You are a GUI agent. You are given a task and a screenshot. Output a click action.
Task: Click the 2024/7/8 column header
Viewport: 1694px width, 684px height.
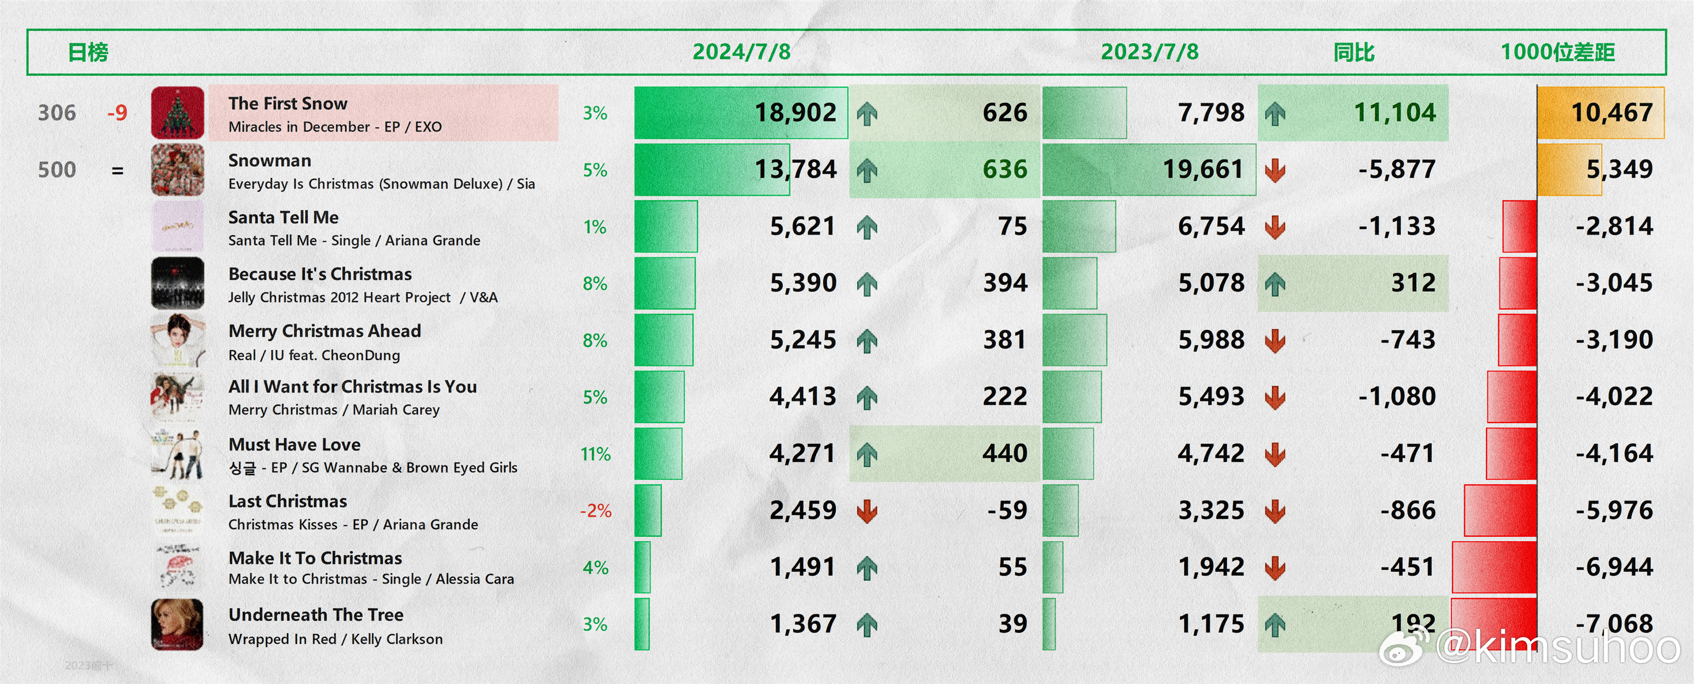741,52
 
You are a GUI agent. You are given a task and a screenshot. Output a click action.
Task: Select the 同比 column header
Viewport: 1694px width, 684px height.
1353,52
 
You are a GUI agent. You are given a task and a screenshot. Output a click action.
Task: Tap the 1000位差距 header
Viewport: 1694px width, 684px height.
1557,52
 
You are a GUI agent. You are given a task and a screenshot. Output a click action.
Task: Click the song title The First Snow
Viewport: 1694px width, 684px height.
288,103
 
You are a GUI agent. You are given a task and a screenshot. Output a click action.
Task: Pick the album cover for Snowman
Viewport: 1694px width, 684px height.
177,170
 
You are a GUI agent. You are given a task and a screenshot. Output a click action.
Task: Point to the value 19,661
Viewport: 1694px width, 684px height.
1203,170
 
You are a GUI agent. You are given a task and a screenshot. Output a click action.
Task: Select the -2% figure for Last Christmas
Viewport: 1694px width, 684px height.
595,510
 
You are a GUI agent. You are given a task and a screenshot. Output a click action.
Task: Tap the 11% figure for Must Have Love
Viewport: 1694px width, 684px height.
595,454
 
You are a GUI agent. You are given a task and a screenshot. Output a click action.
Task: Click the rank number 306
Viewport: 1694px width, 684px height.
57,113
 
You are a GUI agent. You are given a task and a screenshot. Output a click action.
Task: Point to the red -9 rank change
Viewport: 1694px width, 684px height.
117,113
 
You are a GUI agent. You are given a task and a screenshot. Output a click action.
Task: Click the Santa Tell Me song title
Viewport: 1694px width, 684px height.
284,217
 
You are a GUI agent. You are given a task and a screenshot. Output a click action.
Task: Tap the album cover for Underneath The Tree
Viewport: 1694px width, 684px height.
177,624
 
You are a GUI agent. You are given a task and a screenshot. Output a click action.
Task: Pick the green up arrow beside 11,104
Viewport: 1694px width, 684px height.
1275,113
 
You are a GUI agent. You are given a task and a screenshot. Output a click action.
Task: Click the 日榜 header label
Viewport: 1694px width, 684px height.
88,52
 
